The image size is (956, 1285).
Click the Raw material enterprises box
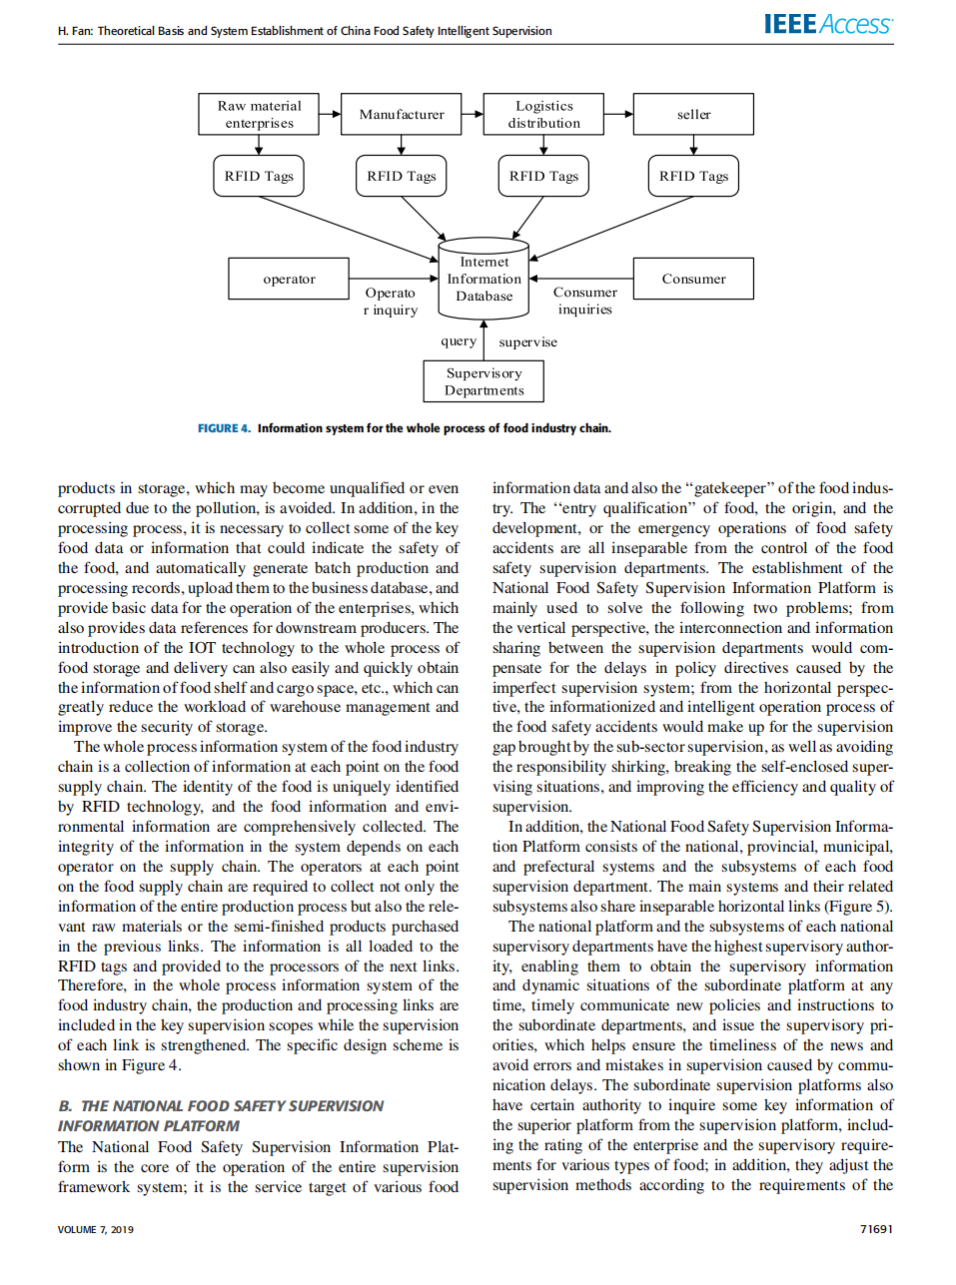pos(259,115)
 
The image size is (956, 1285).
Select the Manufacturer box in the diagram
pos(402,115)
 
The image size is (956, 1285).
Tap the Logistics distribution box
pos(543,115)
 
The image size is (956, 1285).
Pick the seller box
pos(693,115)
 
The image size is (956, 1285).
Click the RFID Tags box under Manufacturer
pos(402,177)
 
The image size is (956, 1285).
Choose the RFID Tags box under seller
pos(693,177)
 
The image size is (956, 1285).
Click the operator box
pos(289,280)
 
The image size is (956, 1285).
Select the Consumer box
pos(693,280)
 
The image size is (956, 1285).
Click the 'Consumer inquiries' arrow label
pos(585,302)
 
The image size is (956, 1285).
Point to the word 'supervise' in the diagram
pos(527,342)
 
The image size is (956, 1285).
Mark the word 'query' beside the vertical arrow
pos(459,341)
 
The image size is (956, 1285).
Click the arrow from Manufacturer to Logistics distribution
pos(472,115)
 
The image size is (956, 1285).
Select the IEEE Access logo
pos(828,25)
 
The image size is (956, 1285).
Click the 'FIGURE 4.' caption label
pos(224,428)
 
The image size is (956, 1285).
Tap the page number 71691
pos(876,1229)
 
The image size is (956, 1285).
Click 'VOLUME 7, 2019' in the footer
pos(96,1230)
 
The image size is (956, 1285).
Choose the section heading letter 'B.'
pos(65,1106)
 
